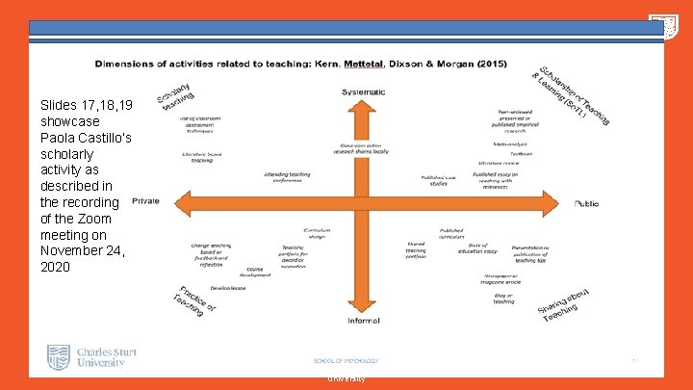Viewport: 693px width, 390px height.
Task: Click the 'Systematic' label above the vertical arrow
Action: [x=363, y=91]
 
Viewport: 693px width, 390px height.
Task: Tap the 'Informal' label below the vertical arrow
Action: [x=363, y=320]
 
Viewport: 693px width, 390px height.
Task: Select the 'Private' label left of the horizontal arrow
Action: [x=145, y=200]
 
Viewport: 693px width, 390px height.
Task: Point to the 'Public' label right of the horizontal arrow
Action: [x=586, y=203]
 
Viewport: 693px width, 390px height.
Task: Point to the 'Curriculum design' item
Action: [x=318, y=233]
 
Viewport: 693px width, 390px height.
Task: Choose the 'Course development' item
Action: [x=256, y=272]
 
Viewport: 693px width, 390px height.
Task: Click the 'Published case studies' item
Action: [x=439, y=180]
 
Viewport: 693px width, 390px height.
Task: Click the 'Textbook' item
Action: [x=521, y=153]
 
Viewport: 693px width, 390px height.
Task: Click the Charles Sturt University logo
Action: [x=92, y=358]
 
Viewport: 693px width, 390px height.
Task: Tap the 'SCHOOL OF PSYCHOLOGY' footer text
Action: [x=346, y=361]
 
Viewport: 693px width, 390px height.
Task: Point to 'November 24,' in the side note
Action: [x=81, y=250]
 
